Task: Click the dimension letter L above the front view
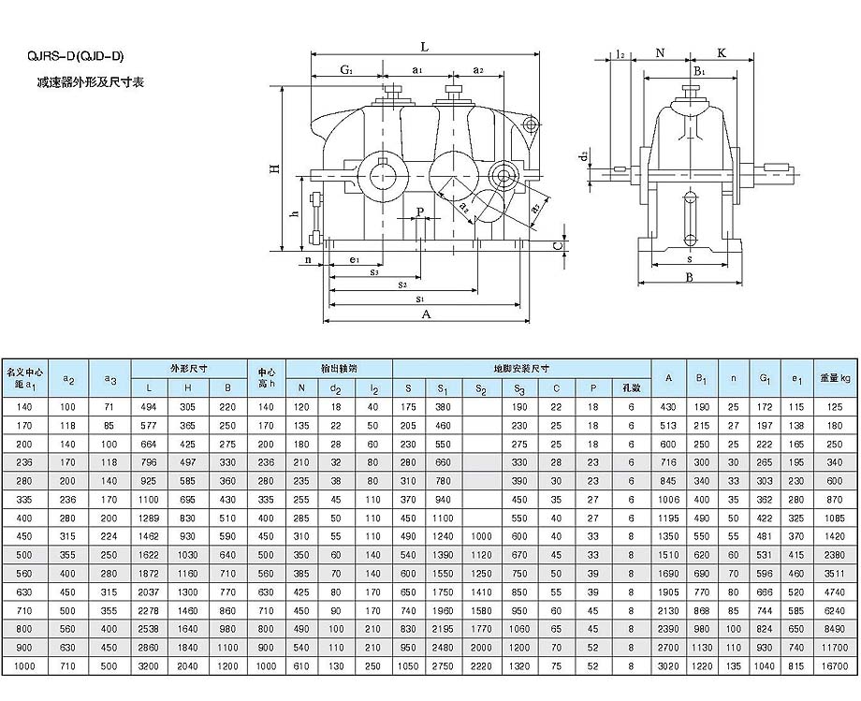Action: tap(424, 46)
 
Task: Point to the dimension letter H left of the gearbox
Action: tap(275, 168)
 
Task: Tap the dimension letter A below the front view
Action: tap(426, 315)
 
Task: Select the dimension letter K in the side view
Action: tap(722, 53)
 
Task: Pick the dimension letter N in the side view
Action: tap(661, 53)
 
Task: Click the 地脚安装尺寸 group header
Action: tap(521, 369)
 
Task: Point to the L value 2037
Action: tap(150, 591)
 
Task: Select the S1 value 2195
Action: tap(443, 629)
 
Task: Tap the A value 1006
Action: tap(669, 499)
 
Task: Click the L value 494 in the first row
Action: tap(150, 407)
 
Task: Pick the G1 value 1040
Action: tap(765, 665)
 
